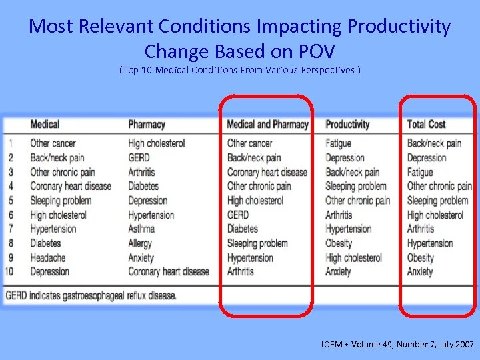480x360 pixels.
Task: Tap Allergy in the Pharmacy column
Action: click(141, 243)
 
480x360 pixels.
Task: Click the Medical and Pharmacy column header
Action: click(267, 124)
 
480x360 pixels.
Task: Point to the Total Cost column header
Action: click(427, 124)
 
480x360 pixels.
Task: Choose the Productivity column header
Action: click(347, 124)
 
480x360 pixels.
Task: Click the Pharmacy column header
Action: click(147, 124)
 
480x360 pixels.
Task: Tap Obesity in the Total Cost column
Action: click(421, 257)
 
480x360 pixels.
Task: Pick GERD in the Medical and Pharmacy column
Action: click(238, 215)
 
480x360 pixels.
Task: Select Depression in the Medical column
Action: click(50, 271)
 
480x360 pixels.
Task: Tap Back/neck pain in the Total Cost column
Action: click(435, 143)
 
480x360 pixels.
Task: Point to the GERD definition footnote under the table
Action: click(91, 295)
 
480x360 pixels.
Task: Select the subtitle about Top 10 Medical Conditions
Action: click(240, 70)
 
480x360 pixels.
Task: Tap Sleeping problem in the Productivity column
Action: click(356, 186)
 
